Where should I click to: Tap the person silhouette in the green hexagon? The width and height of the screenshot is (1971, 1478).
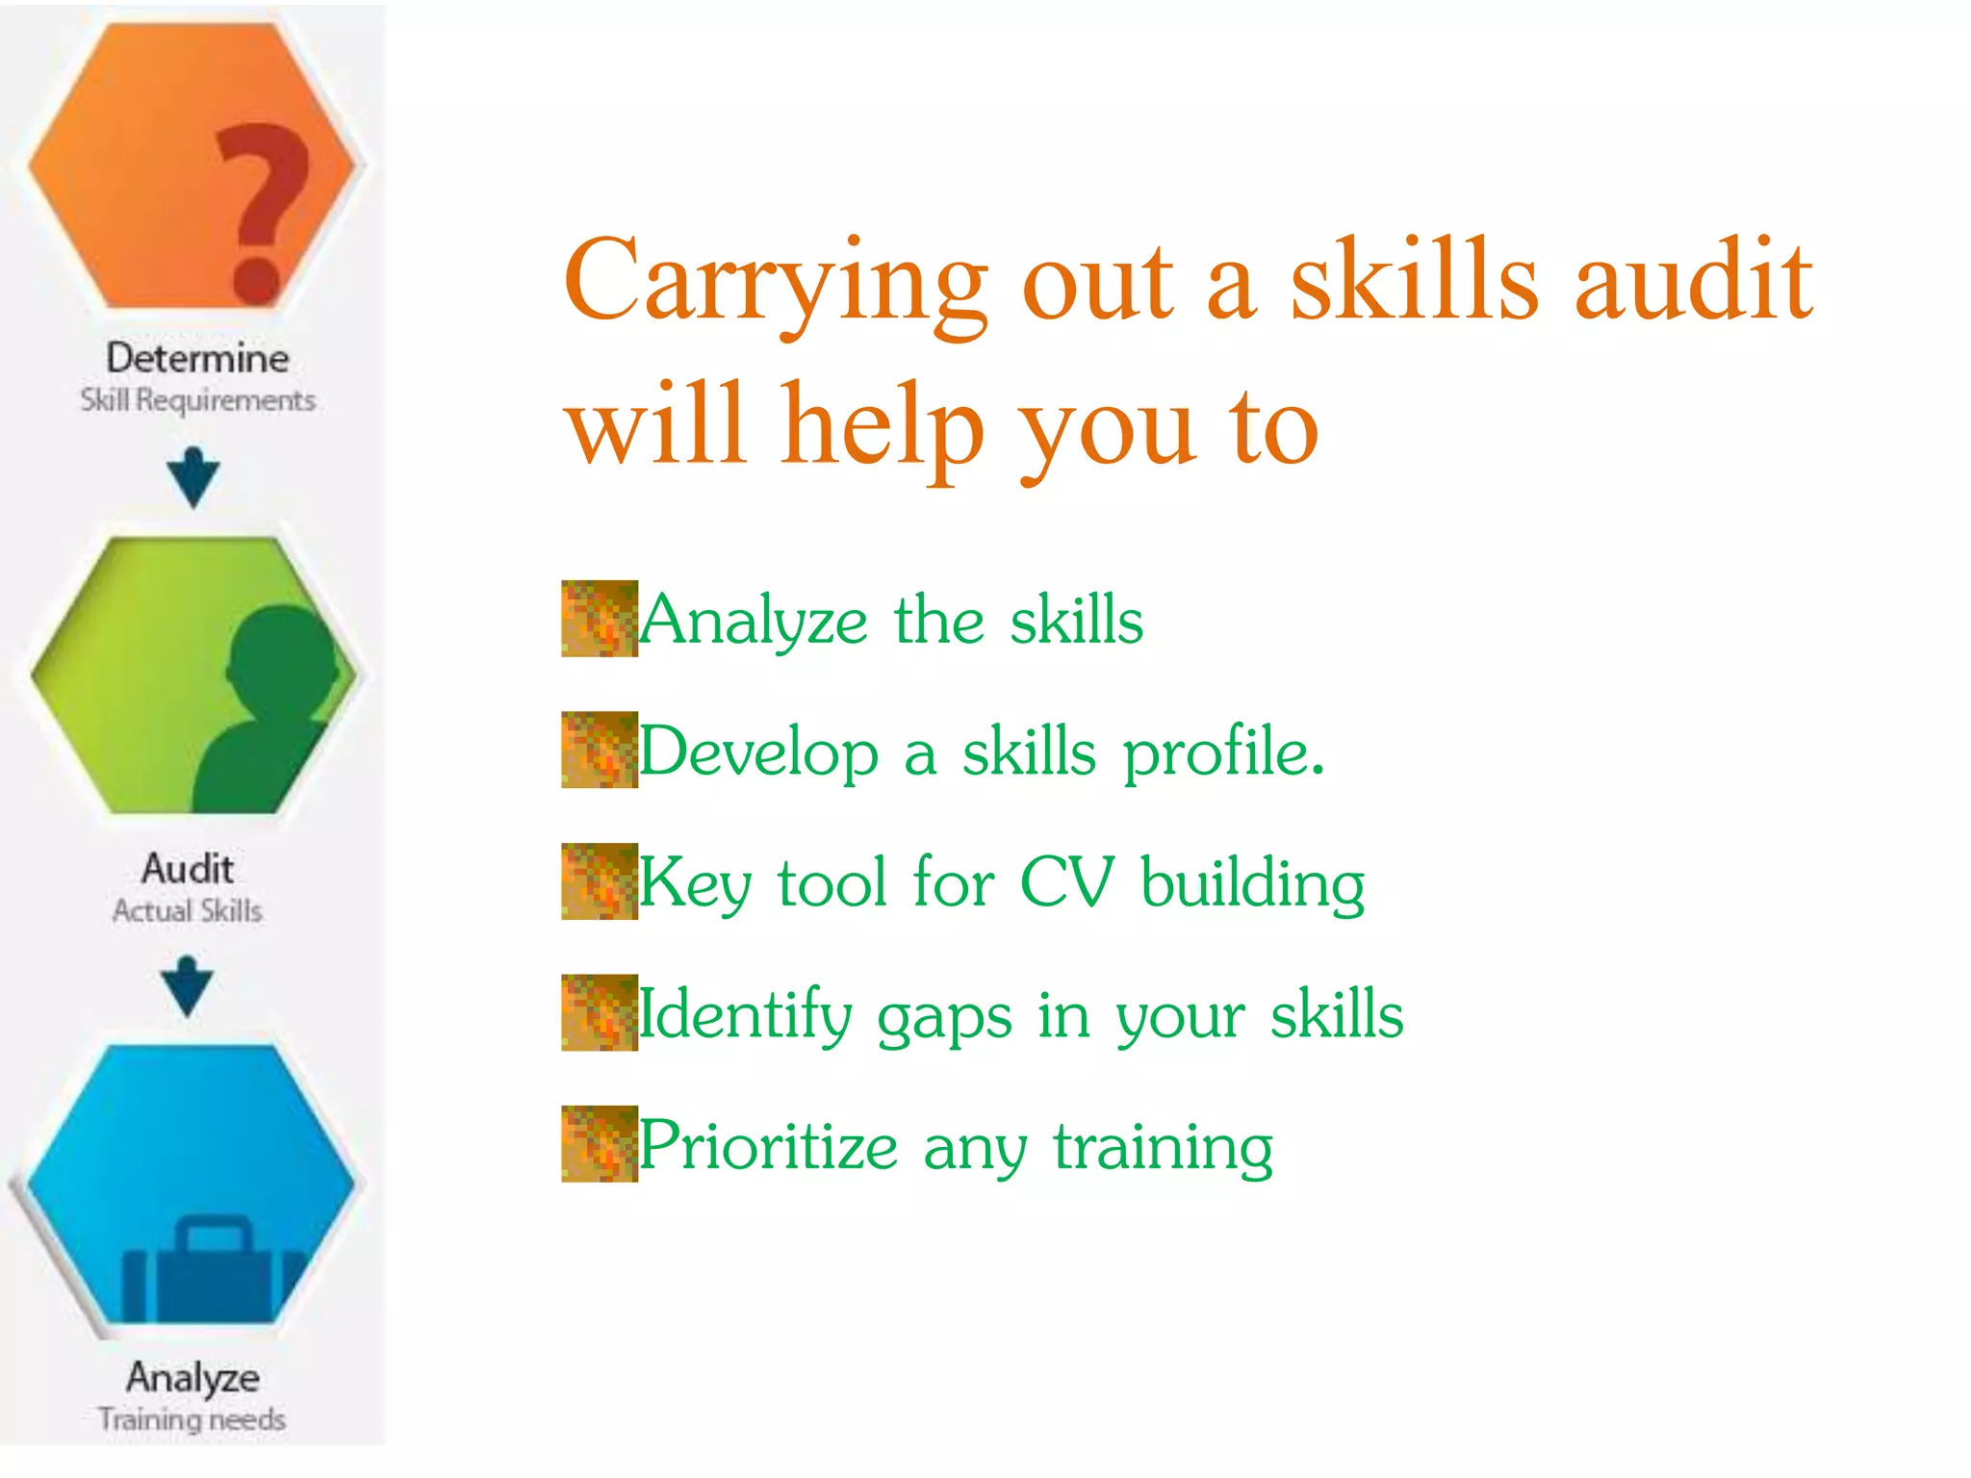pos(270,712)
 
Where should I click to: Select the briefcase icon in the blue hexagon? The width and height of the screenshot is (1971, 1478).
pos(214,1270)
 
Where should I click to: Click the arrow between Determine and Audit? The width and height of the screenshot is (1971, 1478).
pos(192,477)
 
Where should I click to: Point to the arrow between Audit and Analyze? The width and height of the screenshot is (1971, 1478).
pos(188,986)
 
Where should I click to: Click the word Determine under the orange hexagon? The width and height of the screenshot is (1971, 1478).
pos(197,358)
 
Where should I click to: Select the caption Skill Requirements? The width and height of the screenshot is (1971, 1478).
pos(197,399)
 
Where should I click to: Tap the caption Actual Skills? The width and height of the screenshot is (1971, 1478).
pos(187,910)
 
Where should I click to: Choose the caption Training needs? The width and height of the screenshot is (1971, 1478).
pos(192,1419)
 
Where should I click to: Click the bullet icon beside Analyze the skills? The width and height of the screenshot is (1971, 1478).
pos(600,619)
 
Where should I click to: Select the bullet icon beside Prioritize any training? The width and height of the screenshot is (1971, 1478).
pos(600,1143)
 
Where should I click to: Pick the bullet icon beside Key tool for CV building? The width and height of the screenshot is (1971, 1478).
pos(600,881)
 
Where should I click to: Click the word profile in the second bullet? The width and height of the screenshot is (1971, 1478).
pos(1223,752)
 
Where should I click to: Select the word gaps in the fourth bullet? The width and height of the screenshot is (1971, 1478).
pos(944,1016)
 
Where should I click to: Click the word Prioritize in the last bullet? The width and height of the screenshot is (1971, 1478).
pos(768,1145)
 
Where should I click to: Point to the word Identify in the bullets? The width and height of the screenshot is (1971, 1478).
pos(744,1014)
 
